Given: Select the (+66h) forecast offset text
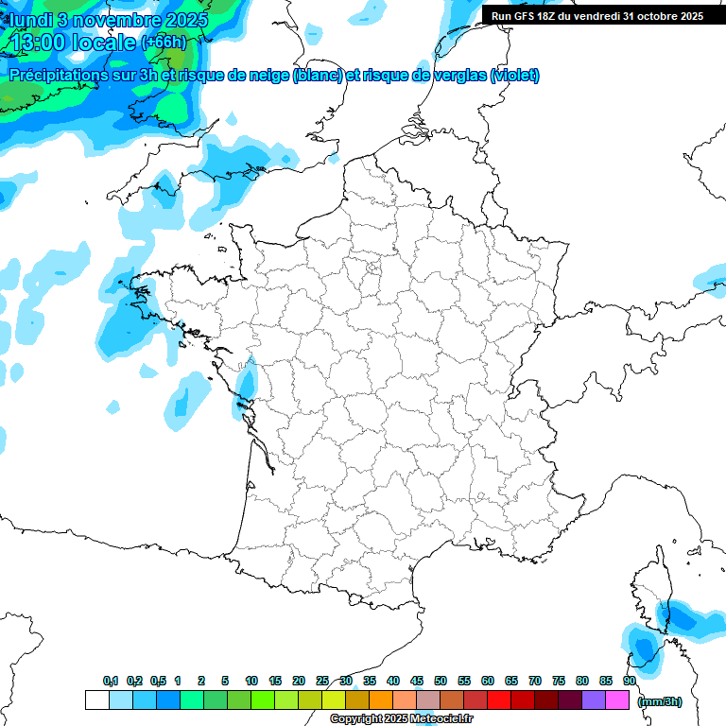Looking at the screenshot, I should point(164,42).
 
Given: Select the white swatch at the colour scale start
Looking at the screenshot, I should point(96,700).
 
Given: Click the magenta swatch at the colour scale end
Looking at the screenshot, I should point(617,700).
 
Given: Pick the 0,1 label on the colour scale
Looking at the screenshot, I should point(111,682).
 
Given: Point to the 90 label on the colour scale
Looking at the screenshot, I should point(629,682).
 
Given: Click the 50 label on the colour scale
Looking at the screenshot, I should point(441,682).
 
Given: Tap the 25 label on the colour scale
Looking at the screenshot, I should point(322,682).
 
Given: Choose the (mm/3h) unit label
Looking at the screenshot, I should point(660,701).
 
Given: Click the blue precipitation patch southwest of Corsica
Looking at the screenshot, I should point(645,648).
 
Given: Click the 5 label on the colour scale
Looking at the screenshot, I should point(225,682).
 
